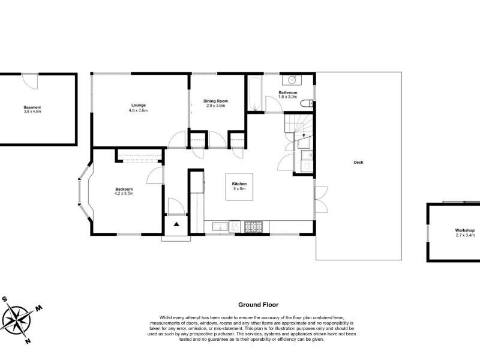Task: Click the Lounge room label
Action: [x=139, y=106]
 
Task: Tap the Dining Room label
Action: [x=216, y=101]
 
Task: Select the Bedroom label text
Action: [x=124, y=189]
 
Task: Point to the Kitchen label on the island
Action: [x=239, y=184]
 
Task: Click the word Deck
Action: [x=358, y=162]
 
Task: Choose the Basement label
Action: [x=32, y=107]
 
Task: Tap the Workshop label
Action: [x=464, y=230]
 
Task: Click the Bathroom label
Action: [x=288, y=92]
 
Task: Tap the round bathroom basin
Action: [x=292, y=80]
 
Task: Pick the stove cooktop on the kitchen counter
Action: [x=253, y=227]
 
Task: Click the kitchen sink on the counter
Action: [x=220, y=227]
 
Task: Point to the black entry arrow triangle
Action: [x=176, y=224]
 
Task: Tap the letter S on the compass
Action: [x=5, y=299]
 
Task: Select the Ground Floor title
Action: [x=259, y=305]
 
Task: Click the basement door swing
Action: [x=30, y=82]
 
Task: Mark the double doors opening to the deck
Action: [x=321, y=200]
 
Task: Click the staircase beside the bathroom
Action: [x=298, y=124]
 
